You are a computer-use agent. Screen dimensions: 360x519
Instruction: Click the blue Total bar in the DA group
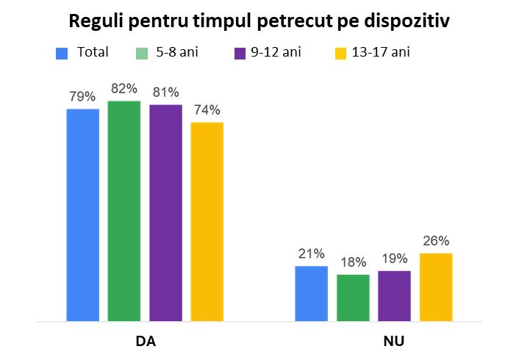coord(83,215)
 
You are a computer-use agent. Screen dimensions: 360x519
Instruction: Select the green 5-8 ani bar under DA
coord(124,211)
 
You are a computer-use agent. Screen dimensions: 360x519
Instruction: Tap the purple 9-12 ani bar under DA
coord(165,213)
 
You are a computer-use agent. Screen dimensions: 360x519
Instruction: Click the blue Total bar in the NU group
coord(311,294)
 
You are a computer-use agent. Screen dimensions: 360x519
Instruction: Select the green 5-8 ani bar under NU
coord(353,298)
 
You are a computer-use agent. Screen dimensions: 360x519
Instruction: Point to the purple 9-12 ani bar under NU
coord(394,296)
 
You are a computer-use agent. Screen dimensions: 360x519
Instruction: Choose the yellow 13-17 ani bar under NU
coord(436,287)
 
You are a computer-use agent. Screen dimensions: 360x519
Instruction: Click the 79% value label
coord(83,96)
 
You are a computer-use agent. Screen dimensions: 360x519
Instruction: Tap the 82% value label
coord(124,89)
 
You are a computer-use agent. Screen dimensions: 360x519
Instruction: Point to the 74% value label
coord(207,110)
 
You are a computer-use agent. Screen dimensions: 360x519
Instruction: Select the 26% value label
coord(436,240)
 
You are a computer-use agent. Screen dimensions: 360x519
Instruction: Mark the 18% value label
coord(353,262)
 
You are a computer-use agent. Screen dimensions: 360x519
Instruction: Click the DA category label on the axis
coord(146,342)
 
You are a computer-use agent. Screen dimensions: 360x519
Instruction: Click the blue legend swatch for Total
coord(62,53)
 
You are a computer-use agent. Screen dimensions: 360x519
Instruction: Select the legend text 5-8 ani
coord(177,52)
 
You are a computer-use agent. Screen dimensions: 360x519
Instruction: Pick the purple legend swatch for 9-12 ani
coord(239,53)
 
